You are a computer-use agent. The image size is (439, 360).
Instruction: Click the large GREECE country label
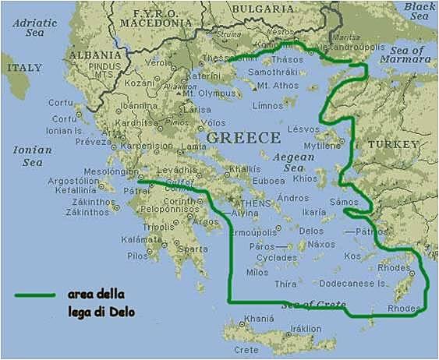(x=243, y=138)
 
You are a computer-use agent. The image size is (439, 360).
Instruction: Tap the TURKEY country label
(x=394, y=145)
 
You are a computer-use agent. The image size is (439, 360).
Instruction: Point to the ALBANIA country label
(x=94, y=55)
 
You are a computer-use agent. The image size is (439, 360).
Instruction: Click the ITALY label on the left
(x=24, y=68)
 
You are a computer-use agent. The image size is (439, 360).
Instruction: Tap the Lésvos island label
(x=303, y=129)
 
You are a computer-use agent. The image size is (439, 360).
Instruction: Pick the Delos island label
(x=310, y=231)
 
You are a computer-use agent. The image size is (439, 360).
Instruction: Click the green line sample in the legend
(x=34, y=295)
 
